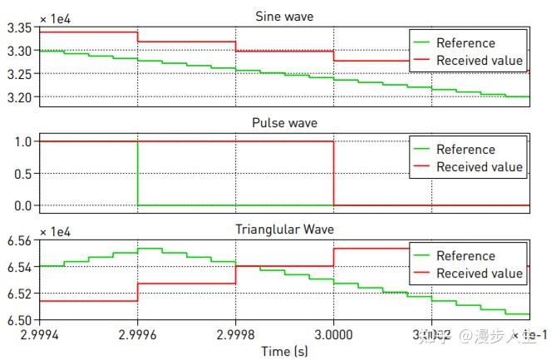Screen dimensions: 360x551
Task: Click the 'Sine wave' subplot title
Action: [284, 17]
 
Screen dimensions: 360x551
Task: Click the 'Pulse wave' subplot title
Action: [284, 123]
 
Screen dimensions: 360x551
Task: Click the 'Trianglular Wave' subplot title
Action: [284, 229]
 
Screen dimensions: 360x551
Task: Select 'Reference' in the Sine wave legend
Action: [465, 43]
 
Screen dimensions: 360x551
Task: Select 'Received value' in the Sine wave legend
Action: [480, 61]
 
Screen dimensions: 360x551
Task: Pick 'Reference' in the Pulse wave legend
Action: [465, 150]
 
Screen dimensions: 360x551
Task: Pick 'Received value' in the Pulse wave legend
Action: [480, 167]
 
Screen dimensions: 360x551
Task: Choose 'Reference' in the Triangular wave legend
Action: [465, 256]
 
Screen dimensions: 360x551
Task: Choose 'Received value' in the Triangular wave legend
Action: [480, 274]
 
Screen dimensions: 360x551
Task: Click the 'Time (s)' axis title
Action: [284, 351]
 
